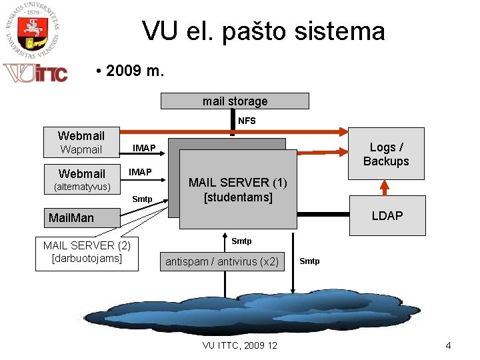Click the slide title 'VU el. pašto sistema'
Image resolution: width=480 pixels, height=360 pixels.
click(x=263, y=31)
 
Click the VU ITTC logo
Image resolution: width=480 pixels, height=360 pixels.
click(x=36, y=72)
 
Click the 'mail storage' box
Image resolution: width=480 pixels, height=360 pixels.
click(x=235, y=101)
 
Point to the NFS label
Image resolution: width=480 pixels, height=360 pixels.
click(x=247, y=121)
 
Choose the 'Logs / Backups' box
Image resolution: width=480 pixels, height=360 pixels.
click(x=386, y=155)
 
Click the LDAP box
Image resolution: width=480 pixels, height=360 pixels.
click(x=387, y=216)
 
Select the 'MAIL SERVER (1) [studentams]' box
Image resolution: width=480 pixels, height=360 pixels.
click(x=237, y=189)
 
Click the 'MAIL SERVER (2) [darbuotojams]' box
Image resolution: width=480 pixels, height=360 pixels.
click(x=87, y=252)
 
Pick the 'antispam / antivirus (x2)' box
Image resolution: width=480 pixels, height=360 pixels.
click(x=222, y=261)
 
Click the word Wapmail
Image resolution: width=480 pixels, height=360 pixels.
click(x=81, y=149)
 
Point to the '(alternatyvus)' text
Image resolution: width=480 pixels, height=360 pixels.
click(x=81, y=187)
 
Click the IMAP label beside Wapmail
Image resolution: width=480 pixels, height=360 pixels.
click(x=145, y=147)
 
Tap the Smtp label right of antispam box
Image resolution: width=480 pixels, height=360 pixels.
click(x=309, y=261)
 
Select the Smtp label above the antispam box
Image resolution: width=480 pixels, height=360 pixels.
click(x=241, y=241)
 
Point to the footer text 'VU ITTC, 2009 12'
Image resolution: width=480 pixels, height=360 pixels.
click(x=240, y=345)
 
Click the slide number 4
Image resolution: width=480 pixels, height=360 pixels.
click(x=448, y=345)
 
